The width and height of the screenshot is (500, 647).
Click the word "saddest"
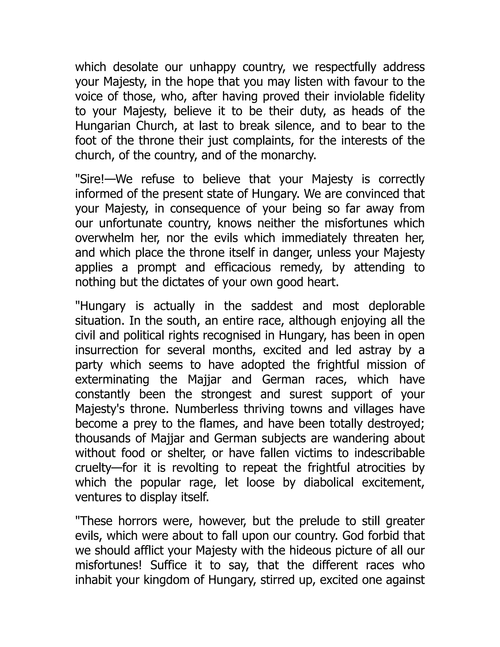pos(272,306)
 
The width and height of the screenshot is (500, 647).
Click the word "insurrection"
pos(107,350)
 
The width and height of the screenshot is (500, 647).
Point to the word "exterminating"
pos(112,379)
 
